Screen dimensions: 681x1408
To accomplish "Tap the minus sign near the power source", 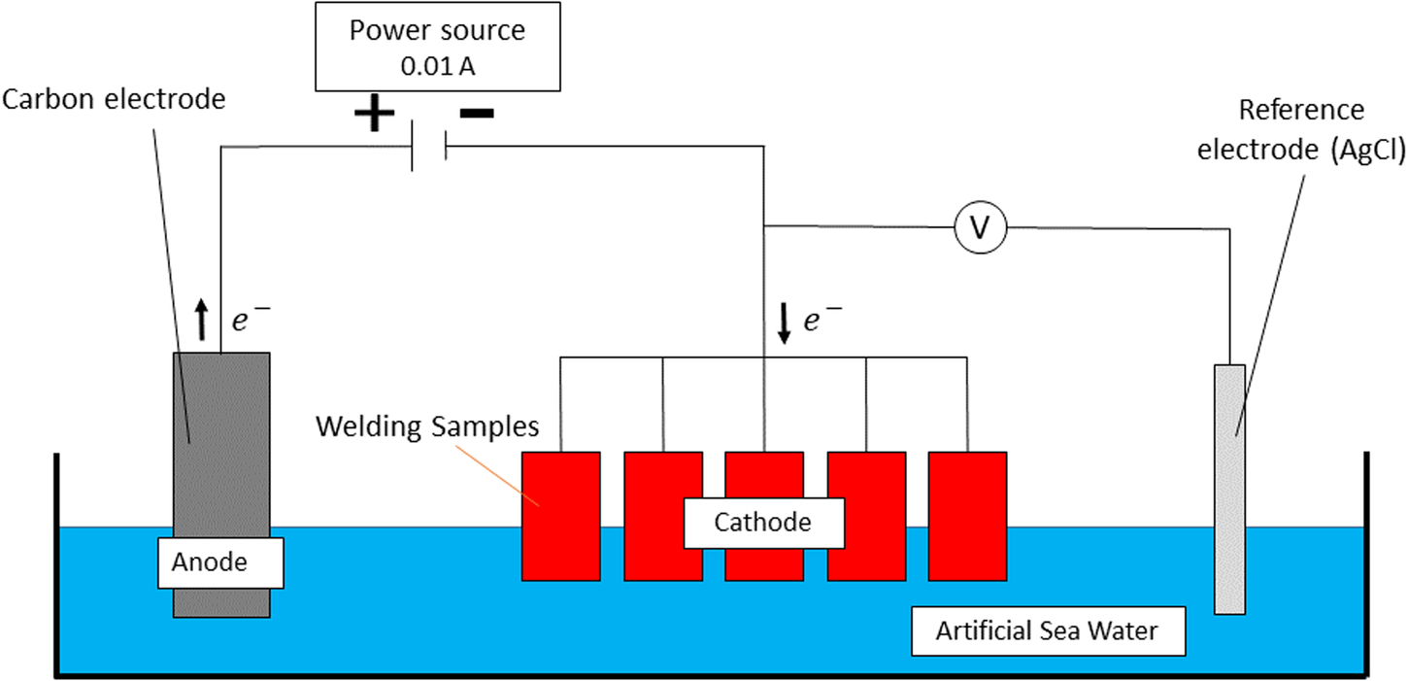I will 476,114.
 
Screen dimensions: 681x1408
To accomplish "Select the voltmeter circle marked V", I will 981,227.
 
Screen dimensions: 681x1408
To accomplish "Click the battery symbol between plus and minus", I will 428,147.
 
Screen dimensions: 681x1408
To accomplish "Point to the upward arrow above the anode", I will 202,320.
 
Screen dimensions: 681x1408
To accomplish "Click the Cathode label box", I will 762,523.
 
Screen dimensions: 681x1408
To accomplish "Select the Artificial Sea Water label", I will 1047,631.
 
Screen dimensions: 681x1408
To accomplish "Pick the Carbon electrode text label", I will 115,99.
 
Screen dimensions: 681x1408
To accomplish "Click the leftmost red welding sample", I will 560,516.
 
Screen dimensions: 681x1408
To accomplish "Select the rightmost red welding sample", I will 967,516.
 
